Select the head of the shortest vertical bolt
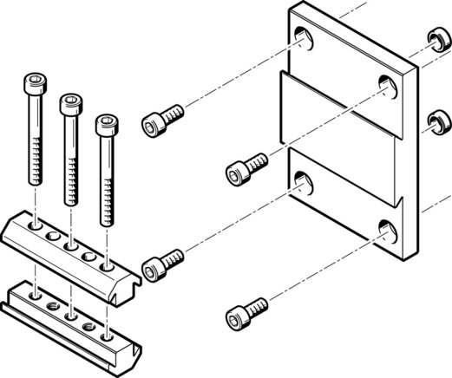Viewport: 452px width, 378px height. pyautogui.click(x=106, y=125)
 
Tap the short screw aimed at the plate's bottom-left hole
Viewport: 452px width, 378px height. pyautogui.click(x=163, y=263)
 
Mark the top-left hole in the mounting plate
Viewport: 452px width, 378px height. pyautogui.click(x=304, y=36)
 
